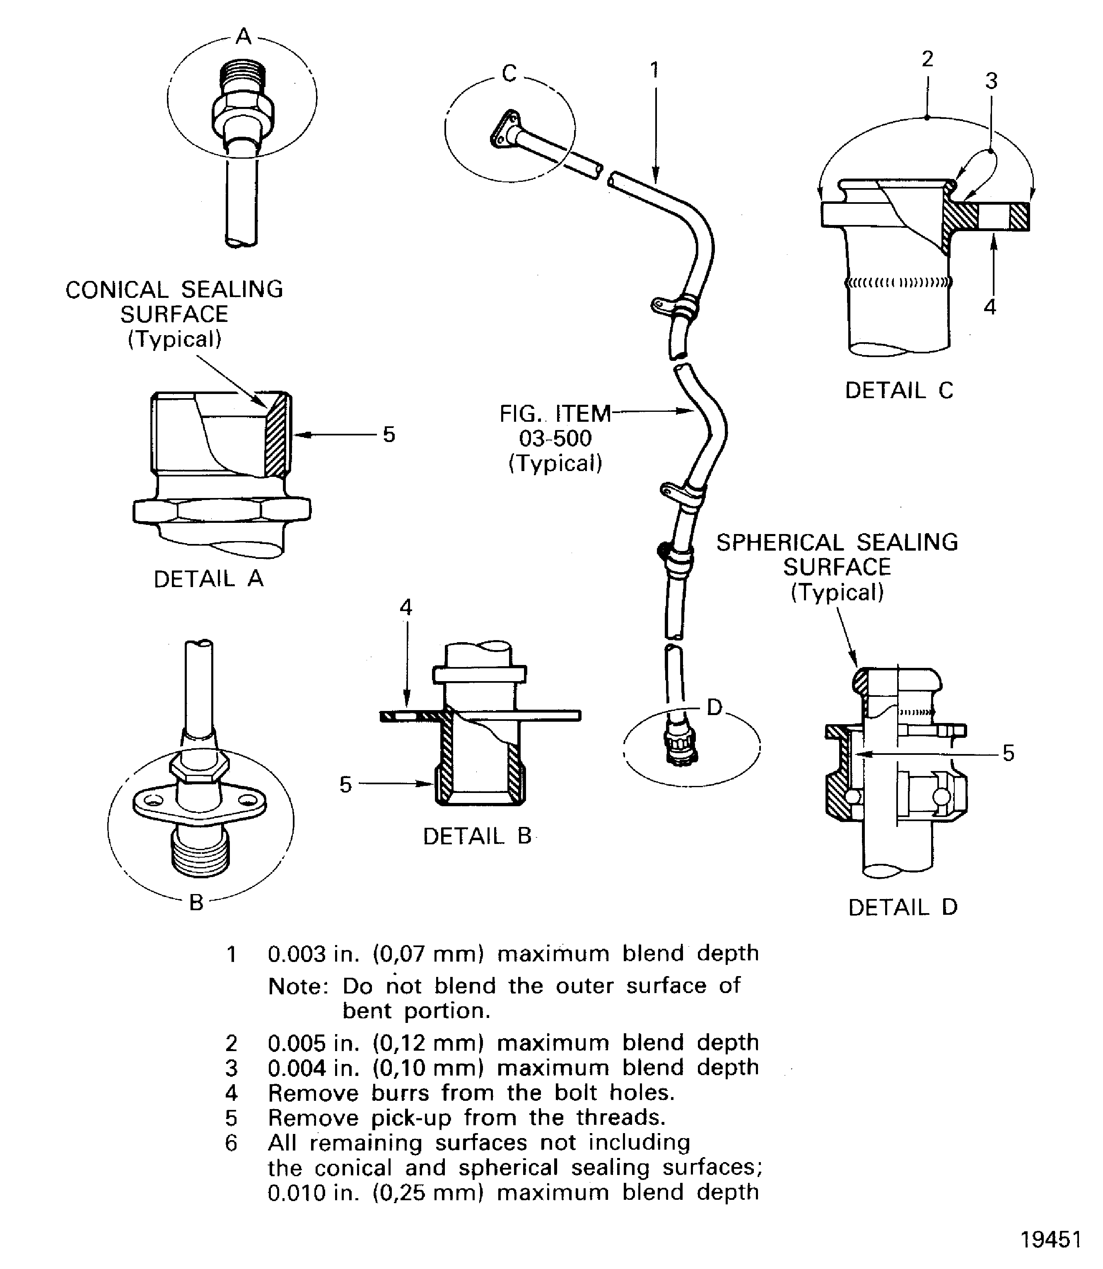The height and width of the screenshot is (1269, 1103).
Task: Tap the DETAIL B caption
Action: [x=477, y=836]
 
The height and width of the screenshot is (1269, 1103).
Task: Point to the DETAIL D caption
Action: [x=903, y=908]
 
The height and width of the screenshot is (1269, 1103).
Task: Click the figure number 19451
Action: [x=1051, y=1240]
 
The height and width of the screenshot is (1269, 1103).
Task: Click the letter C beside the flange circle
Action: [x=509, y=74]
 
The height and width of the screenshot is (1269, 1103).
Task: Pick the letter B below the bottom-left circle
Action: [x=196, y=903]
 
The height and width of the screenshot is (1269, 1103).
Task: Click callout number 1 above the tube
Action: [x=655, y=70]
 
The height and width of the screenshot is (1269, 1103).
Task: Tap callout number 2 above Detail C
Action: [x=927, y=59]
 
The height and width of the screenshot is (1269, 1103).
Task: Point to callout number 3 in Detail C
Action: [x=991, y=81]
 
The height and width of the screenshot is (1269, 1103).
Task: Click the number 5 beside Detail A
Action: [x=389, y=435]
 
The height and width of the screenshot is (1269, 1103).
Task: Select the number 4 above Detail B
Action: [x=405, y=608]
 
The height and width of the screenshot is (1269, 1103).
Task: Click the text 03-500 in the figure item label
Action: [x=555, y=438]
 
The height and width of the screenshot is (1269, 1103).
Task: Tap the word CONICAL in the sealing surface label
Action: [x=117, y=290]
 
